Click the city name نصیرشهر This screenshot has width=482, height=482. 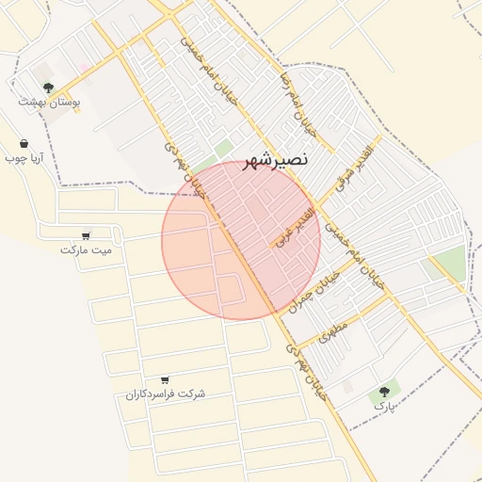[x=275, y=160]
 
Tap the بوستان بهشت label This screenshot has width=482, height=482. [x=50, y=101]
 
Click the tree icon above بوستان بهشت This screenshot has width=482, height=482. [x=48, y=87]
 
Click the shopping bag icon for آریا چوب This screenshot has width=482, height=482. [x=23, y=144]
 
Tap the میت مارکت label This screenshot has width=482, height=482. [x=86, y=250]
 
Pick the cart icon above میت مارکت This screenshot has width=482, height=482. [x=87, y=235]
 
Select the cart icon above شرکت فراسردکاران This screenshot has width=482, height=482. [x=166, y=379]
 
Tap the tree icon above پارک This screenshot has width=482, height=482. [x=384, y=391]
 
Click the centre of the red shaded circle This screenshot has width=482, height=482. [x=241, y=240]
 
